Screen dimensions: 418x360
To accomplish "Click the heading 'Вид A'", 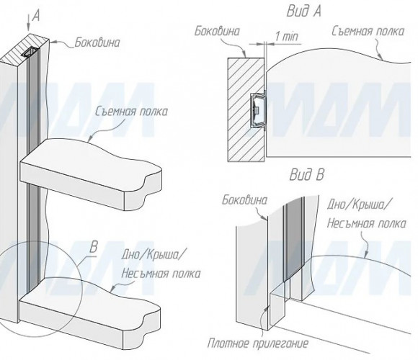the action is click(303, 12).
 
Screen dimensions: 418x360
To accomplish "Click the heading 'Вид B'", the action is click(306, 175).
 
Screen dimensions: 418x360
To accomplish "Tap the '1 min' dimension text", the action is click(287, 36).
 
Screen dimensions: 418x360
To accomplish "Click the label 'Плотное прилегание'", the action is click(257, 343).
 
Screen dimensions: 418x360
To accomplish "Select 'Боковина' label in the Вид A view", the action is click(217, 31).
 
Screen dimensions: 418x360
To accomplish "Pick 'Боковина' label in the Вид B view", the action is click(244, 200).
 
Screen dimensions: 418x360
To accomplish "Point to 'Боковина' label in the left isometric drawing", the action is click(97, 42).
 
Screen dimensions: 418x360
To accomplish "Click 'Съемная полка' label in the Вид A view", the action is click(368, 32).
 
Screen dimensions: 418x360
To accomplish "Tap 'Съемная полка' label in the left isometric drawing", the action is click(131, 112).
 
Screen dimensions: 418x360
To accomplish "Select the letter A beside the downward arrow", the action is click(36, 16).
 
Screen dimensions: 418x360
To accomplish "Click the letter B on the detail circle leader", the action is click(93, 247).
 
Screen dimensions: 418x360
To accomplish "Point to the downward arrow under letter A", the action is click(28, 22).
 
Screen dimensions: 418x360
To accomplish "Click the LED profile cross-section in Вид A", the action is click(258, 109).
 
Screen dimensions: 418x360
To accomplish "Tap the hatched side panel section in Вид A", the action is click(246, 109).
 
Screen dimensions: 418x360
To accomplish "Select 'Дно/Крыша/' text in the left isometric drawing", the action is click(153, 255).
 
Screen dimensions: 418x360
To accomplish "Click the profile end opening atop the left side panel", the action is click(30, 52).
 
